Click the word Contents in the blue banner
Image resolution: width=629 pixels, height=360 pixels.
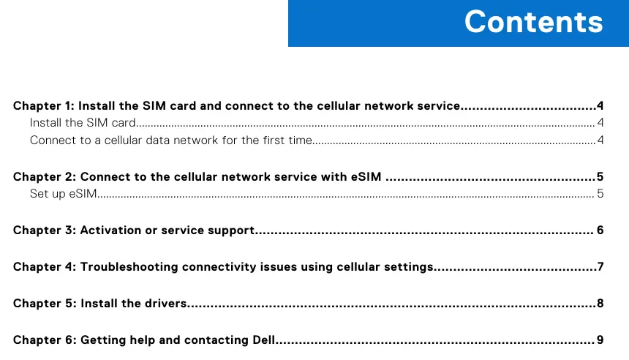pyautogui.click(x=533, y=22)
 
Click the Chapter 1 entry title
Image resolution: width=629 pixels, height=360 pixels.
pyautogui.click(x=236, y=105)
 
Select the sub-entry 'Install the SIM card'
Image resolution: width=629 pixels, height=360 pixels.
pyautogui.click(x=83, y=122)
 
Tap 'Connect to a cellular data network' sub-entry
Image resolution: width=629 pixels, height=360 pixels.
pyautogui.click(x=171, y=140)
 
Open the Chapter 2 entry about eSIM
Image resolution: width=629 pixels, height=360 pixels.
pyautogui.click(x=197, y=176)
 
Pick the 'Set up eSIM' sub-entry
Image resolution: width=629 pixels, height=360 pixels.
pyautogui.click(x=64, y=193)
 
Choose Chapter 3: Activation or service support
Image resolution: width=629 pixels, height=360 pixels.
pyautogui.click(x=134, y=230)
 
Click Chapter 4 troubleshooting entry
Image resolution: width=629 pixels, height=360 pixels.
pyautogui.click(x=223, y=266)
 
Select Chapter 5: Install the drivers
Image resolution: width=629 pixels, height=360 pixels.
pyautogui.click(x=100, y=303)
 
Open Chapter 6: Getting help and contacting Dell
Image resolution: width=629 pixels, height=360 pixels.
pyautogui.click(x=144, y=340)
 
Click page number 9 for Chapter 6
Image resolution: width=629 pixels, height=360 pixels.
pyautogui.click(x=600, y=340)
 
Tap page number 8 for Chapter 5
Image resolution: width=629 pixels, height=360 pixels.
pyautogui.click(x=600, y=303)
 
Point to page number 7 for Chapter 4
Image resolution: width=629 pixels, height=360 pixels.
pyautogui.click(x=600, y=266)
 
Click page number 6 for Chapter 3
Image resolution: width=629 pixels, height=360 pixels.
pyautogui.click(x=600, y=230)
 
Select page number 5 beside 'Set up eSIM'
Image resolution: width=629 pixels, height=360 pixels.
pyautogui.click(x=600, y=193)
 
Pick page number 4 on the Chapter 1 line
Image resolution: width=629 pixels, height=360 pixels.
pyautogui.click(x=600, y=105)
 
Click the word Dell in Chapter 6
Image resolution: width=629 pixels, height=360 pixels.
pyautogui.click(x=263, y=340)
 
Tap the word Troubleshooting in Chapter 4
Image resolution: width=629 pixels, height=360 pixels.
pyautogui.click(x=129, y=267)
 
